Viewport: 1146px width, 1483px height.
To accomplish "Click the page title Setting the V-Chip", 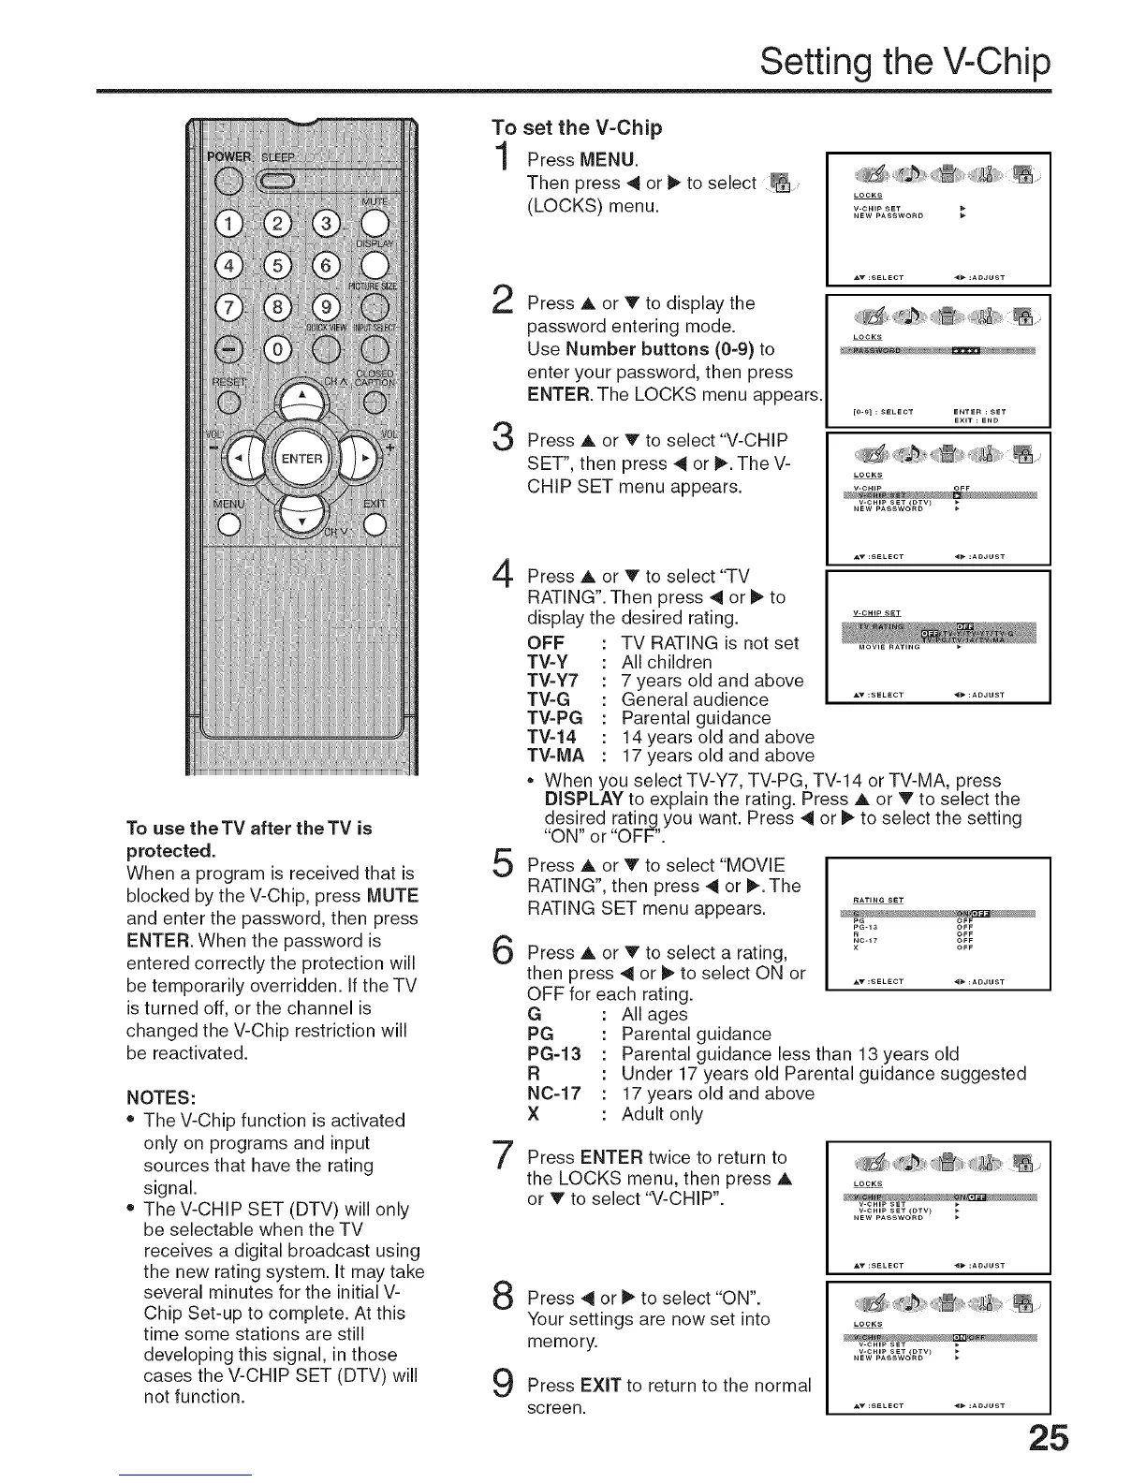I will pos(904,63).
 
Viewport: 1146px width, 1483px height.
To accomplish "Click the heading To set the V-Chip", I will pos(578,126).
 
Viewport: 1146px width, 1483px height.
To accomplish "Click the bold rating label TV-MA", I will pos(555,756).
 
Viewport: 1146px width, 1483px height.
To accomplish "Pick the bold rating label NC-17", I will pos(554,1094).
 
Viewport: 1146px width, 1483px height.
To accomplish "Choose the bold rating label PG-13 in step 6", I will pos(554,1054).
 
